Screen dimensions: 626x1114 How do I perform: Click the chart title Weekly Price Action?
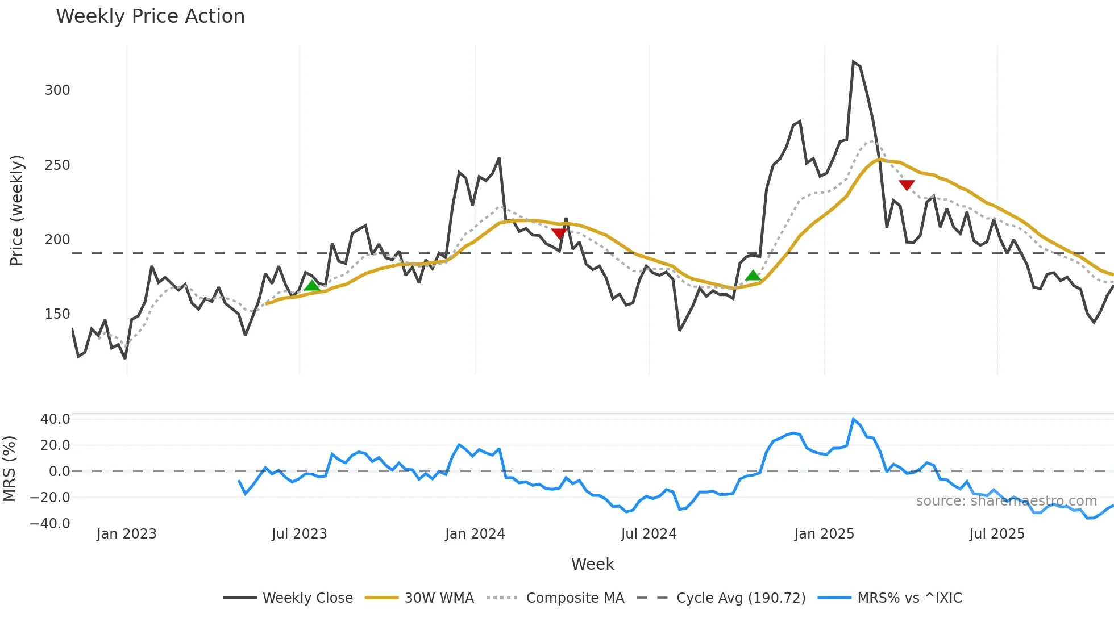click(x=150, y=16)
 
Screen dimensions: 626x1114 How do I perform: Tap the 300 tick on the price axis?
click(x=57, y=90)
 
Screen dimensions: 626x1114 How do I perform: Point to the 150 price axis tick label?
click(x=57, y=314)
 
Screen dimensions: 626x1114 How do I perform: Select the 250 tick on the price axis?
click(x=57, y=165)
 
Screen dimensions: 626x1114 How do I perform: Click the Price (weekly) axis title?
click(x=16, y=210)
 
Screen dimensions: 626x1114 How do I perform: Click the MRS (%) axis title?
click(x=9, y=469)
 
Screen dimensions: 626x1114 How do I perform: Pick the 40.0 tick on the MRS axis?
click(x=55, y=419)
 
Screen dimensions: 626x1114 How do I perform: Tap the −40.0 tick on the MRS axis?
click(x=50, y=523)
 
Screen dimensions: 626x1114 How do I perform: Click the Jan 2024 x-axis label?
click(x=475, y=534)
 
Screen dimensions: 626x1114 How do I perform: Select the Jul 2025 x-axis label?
click(x=997, y=534)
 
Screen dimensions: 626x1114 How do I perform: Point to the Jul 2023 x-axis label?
click(x=299, y=534)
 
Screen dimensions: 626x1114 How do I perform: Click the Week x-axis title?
click(x=592, y=564)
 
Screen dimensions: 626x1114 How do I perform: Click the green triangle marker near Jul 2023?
click(x=312, y=286)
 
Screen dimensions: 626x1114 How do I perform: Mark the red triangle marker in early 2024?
click(x=559, y=233)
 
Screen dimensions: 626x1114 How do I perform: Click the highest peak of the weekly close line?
click(x=853, y=62)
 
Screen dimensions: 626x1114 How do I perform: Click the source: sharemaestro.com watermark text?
click(x=1006, y=501)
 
